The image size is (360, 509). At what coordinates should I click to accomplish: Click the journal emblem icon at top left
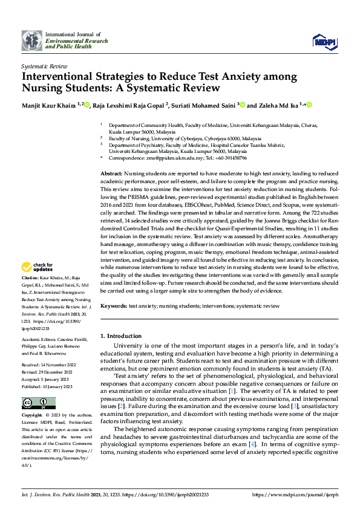click(32, 41)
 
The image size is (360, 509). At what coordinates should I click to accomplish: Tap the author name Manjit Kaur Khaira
click(48, 105)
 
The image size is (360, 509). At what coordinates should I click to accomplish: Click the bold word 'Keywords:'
click(114, 306)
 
